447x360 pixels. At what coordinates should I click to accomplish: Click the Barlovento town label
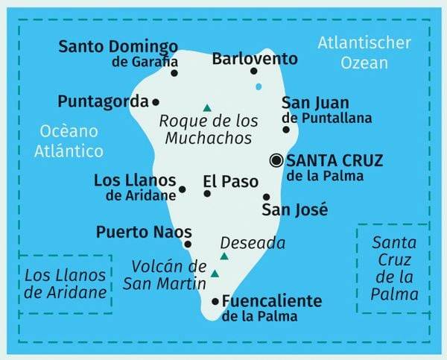point(254,58)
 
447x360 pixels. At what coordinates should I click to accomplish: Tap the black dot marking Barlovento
point(253,72)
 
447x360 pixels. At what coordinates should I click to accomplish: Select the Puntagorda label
point(103,101)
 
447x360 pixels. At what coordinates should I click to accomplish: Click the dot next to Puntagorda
point(156,102)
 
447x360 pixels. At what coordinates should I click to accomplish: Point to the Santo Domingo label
point(118,47)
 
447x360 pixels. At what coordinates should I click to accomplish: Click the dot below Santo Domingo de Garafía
point(174,73)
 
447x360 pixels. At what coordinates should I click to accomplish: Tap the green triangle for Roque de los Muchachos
point(206,107)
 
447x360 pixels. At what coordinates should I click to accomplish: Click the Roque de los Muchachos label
point(209,129)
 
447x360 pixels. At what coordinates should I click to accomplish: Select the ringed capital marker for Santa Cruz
point(276,160)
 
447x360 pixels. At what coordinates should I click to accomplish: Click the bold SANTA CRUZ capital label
point(335,160)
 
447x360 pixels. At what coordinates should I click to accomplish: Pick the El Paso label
point(230,181)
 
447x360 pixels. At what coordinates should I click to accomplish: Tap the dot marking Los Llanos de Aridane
point(183,190)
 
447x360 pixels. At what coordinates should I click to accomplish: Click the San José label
point(294,211)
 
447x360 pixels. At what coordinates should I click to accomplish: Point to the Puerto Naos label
point(144,232)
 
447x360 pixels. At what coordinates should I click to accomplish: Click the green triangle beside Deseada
point(223,257)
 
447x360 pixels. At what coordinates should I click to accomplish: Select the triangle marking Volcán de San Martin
point(215,274)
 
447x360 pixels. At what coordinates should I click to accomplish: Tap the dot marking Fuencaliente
point(216,302)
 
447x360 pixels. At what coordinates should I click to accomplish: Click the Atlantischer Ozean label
point(363,52)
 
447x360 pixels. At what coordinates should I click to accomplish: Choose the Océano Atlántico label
point(70,141)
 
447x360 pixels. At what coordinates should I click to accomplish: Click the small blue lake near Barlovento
point(259,87)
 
